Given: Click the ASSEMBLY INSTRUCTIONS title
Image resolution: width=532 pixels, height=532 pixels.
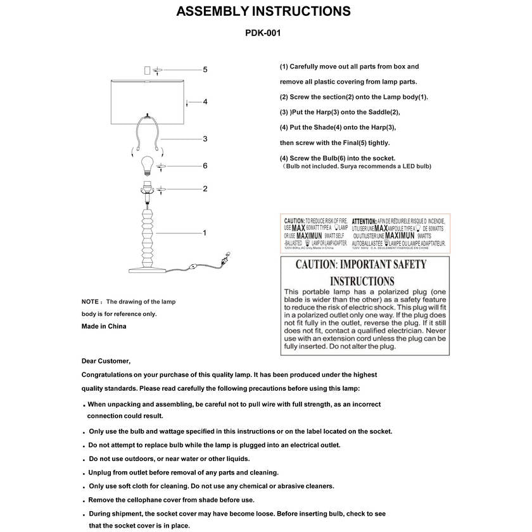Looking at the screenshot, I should pyautogui.click(x=263, y=11).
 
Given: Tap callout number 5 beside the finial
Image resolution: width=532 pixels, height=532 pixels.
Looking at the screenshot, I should pyautogui.click(x=205, y=69).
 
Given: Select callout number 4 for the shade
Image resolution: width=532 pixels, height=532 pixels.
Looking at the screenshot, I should pyautogui.click(x=205, y=101).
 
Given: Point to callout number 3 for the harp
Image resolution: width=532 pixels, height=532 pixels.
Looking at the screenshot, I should pyautogui.click(x=205, y=139).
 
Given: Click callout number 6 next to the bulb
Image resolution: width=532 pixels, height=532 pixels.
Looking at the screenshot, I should pyautogui.click(x=205, y=166).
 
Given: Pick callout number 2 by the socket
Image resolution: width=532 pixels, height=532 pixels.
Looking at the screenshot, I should pyautogui.click(x=205, y=189).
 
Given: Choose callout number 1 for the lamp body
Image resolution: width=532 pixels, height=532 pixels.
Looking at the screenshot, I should pyautogui.click(x=205, y=233).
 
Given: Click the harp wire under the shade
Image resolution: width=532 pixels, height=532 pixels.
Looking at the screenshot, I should pyautogui.click(x=137, y=133).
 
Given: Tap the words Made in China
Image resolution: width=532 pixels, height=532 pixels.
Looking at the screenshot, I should pyautogui.click(x=104, y=326).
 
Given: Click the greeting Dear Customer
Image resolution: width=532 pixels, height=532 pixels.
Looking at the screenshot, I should pyautogui.click(x=106, y=361).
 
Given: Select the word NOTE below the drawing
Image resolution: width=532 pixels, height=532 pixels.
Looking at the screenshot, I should pyautogui.click(x=90, y=301).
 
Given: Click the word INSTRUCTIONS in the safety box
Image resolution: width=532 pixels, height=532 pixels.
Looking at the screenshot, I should pyautogui.click(x=362, y=281).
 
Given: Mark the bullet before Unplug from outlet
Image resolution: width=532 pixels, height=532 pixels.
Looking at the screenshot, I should pyautogui.click(x=84, y=473).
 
